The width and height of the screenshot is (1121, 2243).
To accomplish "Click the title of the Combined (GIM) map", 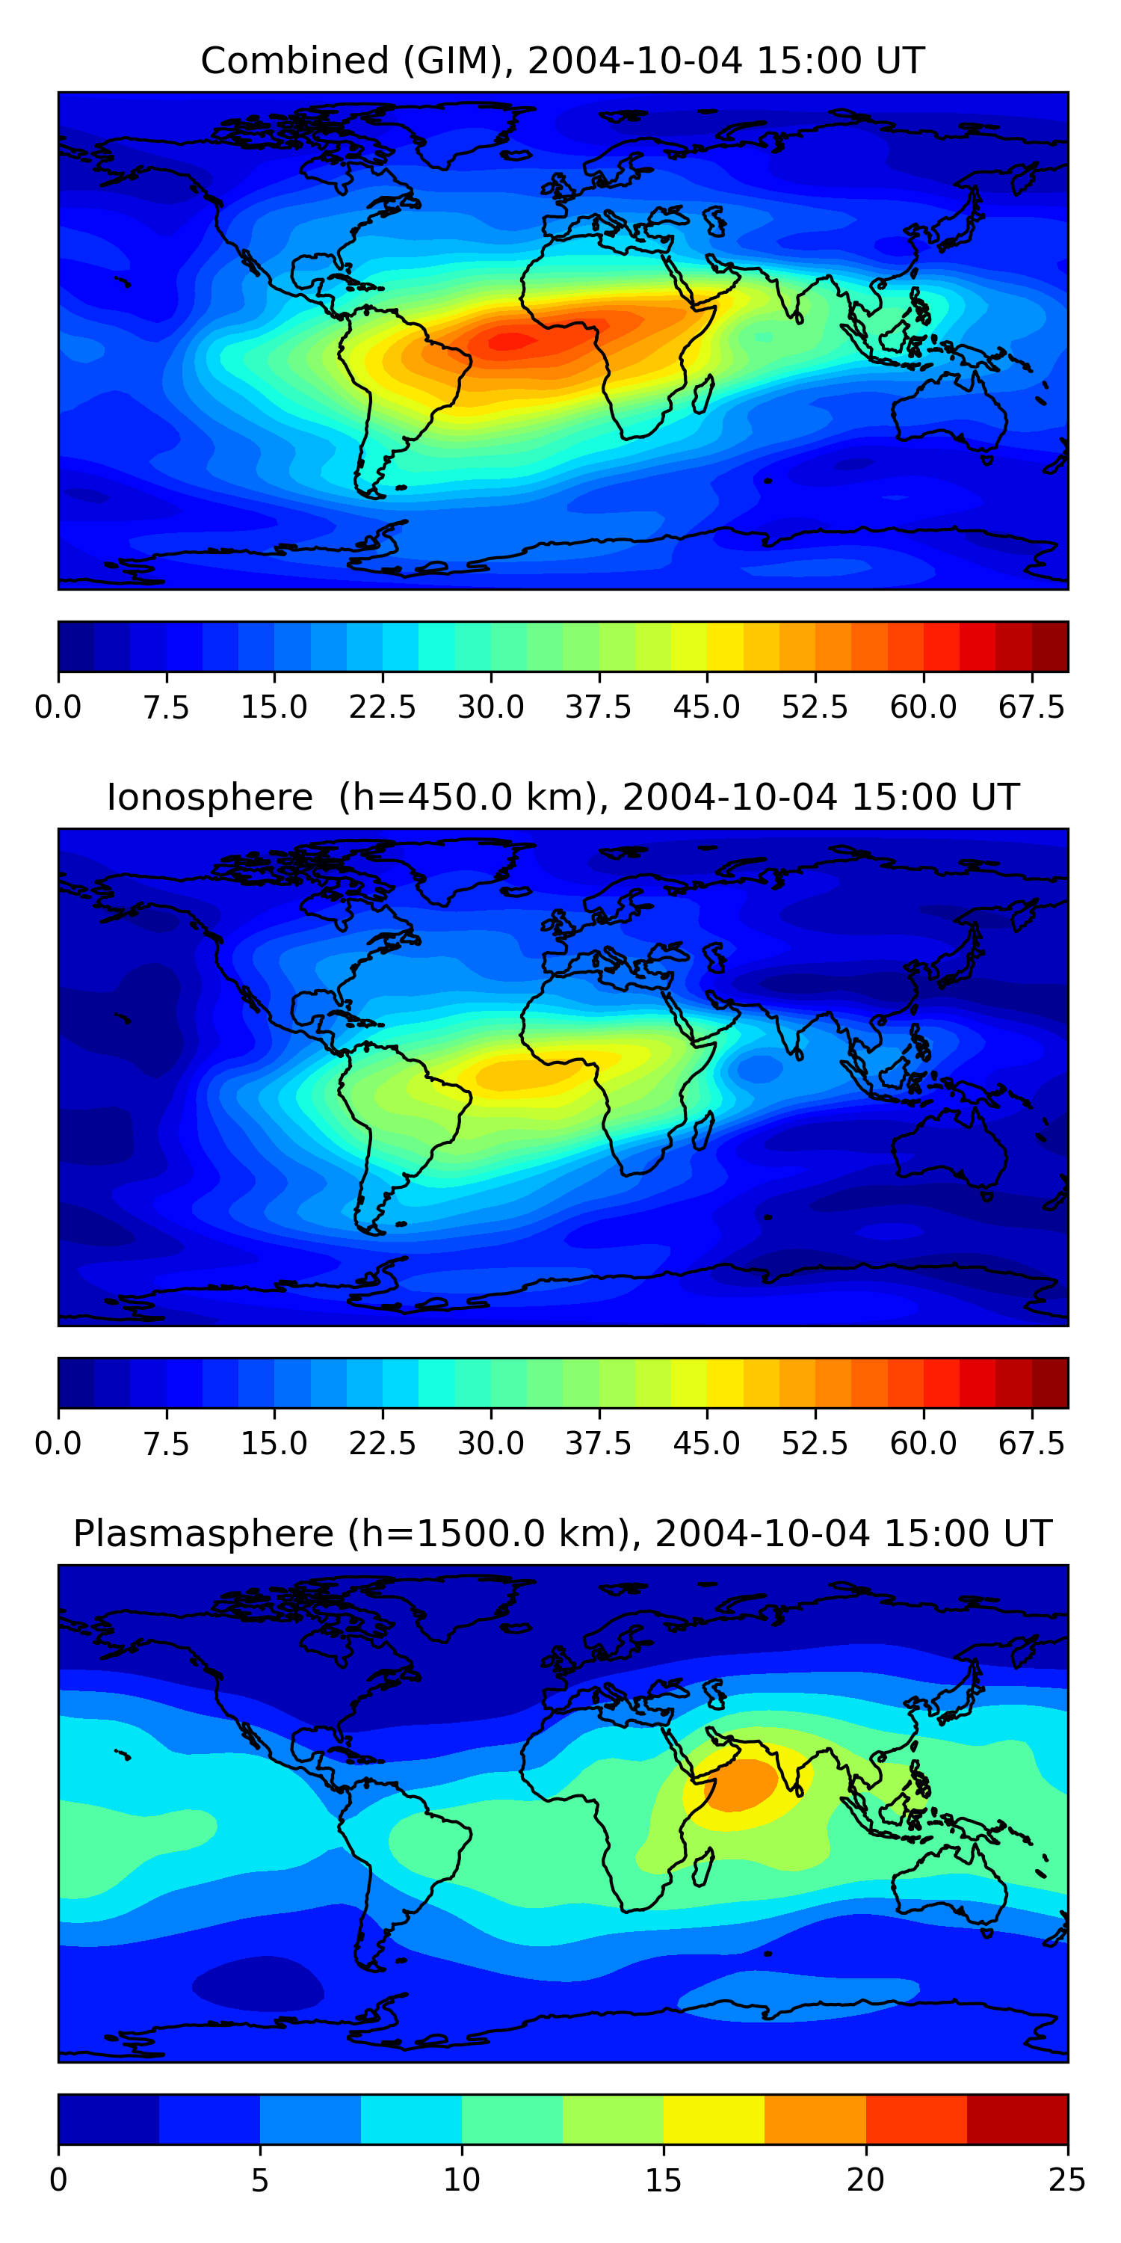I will pyautogui.click(x=562, y=61).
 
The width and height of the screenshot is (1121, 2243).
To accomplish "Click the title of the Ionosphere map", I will pyautogui.click(x=562, y=798).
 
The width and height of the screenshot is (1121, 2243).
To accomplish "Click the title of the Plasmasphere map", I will pyautogui.click(x=562, y=1534).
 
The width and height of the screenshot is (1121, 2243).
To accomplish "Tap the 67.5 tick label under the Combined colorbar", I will pyautogui.click(x=1031, y=708).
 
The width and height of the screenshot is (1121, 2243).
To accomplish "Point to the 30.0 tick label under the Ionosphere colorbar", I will pyautogui.click(x=491, y=1444).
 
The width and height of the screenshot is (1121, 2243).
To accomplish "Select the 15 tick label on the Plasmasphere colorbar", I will pyautogui.click(x=663, y=2181).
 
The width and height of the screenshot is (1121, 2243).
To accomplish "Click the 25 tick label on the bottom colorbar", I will pyautogui.click(x=1066, y=2181).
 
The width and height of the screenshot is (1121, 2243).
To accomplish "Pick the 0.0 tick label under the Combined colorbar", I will pyautogui.click(x=58, y=708).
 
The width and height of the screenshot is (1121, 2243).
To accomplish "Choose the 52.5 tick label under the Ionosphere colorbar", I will pyautogui.click(x=815, y=1444).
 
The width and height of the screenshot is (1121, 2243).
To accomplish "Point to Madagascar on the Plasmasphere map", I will pyautogui.click(x=703, y=1868).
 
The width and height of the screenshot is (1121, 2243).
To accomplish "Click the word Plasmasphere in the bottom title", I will pyautogui.click(x=203, y=1534).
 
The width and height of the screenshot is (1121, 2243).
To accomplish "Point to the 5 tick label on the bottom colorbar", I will pyautogui.click(x=259, y=2181).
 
